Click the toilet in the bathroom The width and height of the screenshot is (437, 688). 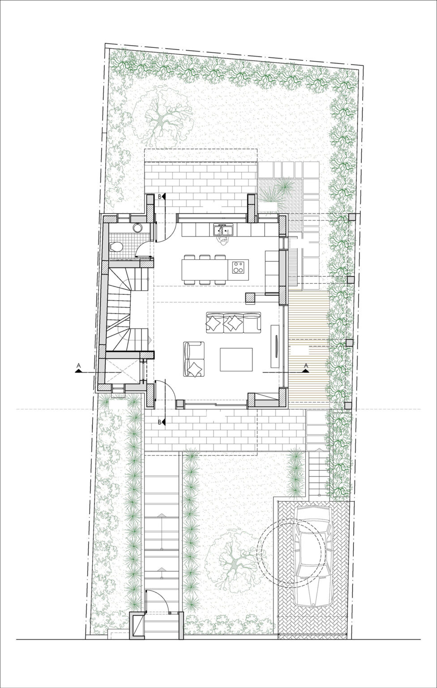pos(116,247)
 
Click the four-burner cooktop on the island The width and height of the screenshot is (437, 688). pos(238,267)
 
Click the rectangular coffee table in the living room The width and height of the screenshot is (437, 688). pos(236,359)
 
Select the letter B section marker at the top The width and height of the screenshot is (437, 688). pos(161,196)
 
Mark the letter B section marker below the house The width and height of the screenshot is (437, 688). pos(161,422)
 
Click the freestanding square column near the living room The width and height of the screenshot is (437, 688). pos(249,296)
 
